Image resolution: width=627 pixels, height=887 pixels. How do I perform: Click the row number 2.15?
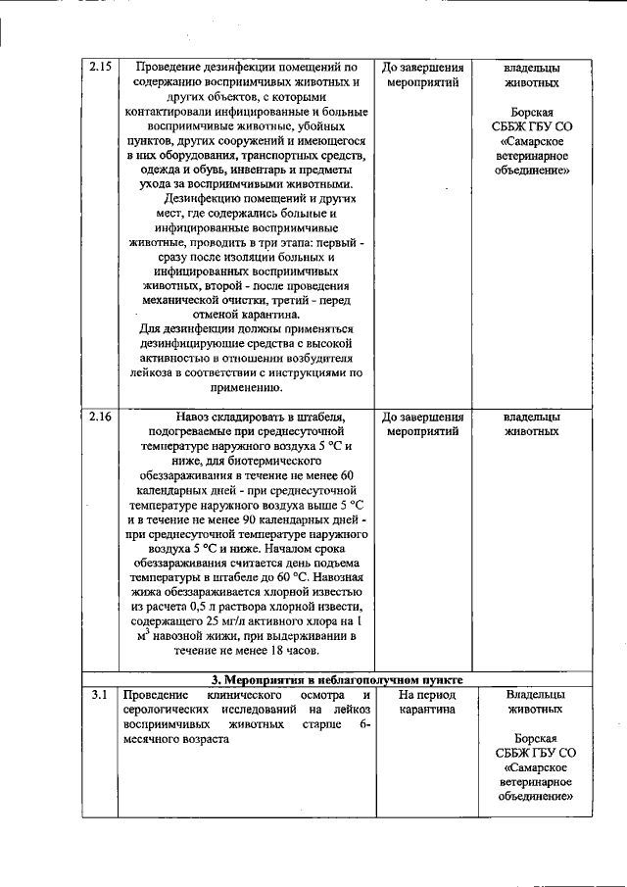click(100, 68)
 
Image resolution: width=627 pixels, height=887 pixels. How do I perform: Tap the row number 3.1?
click(99, 695)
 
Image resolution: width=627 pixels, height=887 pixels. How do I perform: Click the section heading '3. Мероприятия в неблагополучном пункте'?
click(337, 679)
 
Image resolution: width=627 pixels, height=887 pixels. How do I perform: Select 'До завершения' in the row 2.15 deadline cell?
click(422, 68)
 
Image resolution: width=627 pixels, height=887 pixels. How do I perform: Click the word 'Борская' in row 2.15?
click(533, 113)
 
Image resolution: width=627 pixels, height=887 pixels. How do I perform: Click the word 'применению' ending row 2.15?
click(246, 387)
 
